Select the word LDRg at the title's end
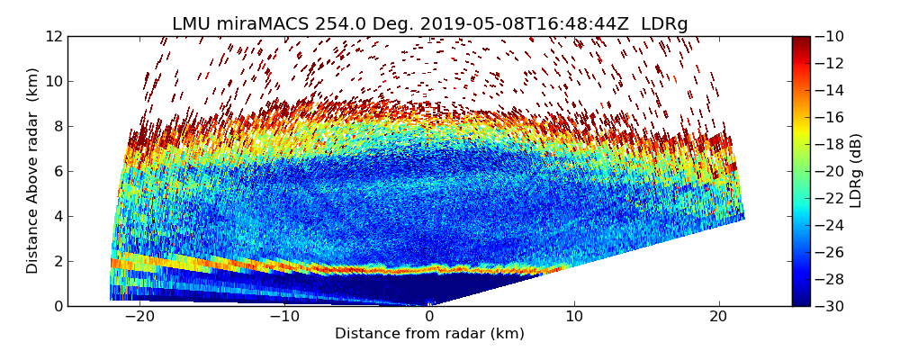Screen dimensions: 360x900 click(664, 24)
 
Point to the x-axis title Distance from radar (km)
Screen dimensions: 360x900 click(429, 334)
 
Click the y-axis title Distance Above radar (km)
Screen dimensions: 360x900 click(33, 171)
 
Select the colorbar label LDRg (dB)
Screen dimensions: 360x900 click(856, 171)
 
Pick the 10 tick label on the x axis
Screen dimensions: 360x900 click(574, 317)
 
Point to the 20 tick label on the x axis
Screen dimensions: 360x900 click(719, 317)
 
